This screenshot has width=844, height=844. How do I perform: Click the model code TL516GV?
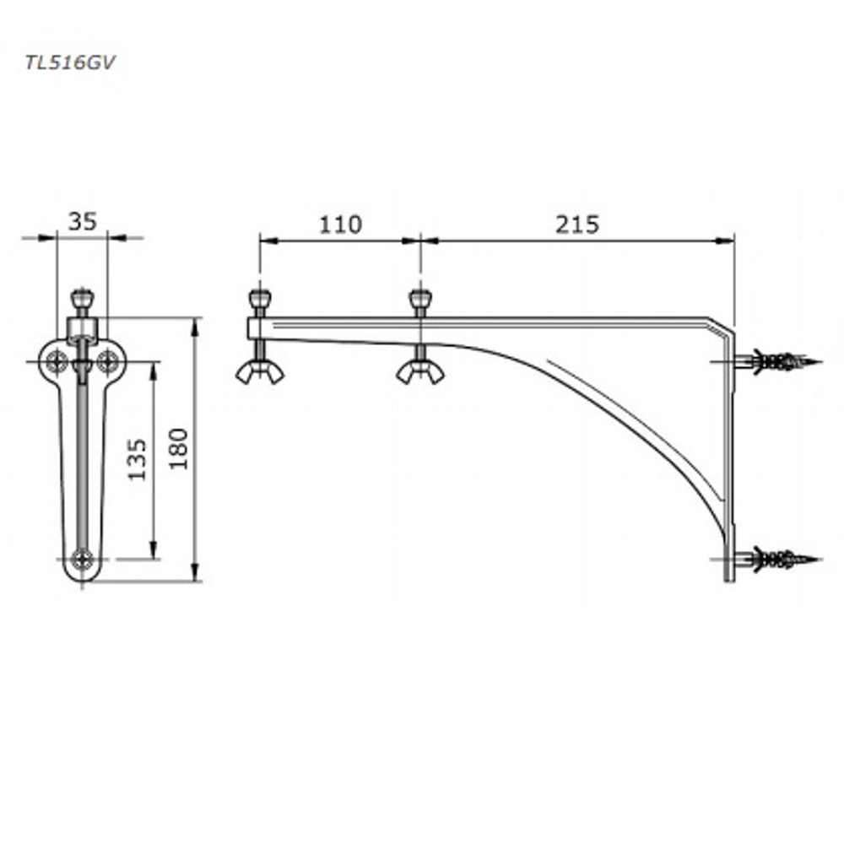click(x=70, y=63)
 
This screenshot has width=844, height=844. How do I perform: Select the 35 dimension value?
click(x=83, y=221)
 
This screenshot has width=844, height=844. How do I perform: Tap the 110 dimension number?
click(x=340, y=225)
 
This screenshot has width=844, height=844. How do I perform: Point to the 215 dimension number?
click(x=577, y=225)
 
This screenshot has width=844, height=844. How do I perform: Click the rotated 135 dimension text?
click(x=138, y=460)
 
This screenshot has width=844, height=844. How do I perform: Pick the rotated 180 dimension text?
click(x=179, y=449)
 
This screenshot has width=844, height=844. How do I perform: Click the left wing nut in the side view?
click(x=260, y=372)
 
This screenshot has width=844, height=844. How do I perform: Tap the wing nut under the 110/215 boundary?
click(x=420, y=372)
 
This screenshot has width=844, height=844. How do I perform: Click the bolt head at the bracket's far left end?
click(x=260, y=300)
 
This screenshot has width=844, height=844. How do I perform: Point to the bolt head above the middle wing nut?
click(x=420, y=300)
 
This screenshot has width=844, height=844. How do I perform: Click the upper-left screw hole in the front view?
click(x=57, y=361)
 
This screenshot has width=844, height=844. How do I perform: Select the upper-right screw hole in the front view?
click(x=108, y=361)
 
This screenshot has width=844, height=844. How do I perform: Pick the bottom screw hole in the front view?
click(x=83, y=560)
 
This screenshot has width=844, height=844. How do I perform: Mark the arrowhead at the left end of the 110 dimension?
click(x=269, y=241)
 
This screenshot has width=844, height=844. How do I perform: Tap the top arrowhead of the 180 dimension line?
click(x=195, y=327)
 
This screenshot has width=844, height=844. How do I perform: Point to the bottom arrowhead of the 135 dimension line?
click(x=154, y=549)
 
